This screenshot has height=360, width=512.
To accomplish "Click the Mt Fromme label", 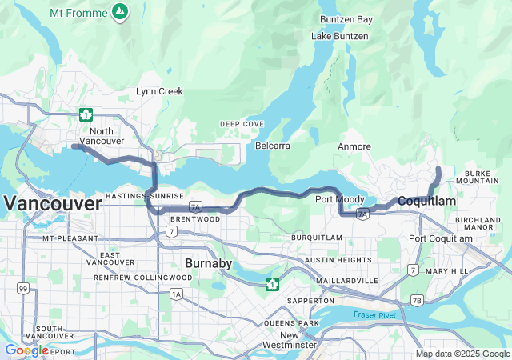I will (78, 12).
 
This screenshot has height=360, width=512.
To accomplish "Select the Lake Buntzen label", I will (340, 36).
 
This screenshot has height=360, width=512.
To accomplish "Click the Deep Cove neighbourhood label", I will (242, 124).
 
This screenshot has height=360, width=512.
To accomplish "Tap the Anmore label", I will (354, 146).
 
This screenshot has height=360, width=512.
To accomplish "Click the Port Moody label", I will (335, 199).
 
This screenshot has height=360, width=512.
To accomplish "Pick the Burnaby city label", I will (208, 262).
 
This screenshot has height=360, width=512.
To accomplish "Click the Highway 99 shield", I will (24, 288).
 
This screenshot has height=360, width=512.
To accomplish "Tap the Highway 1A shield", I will (176, 294).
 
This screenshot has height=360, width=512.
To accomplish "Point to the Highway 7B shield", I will (416, 300).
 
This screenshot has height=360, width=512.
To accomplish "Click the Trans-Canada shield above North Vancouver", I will (86, 114).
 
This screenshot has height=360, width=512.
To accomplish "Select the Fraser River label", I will (375, 315).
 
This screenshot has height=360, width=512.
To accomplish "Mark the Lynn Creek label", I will (159, 92).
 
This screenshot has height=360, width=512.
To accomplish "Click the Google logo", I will (26, 350).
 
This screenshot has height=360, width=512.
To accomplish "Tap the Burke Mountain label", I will (487, 178).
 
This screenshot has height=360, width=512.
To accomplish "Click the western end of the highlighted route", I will (74, 146).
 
